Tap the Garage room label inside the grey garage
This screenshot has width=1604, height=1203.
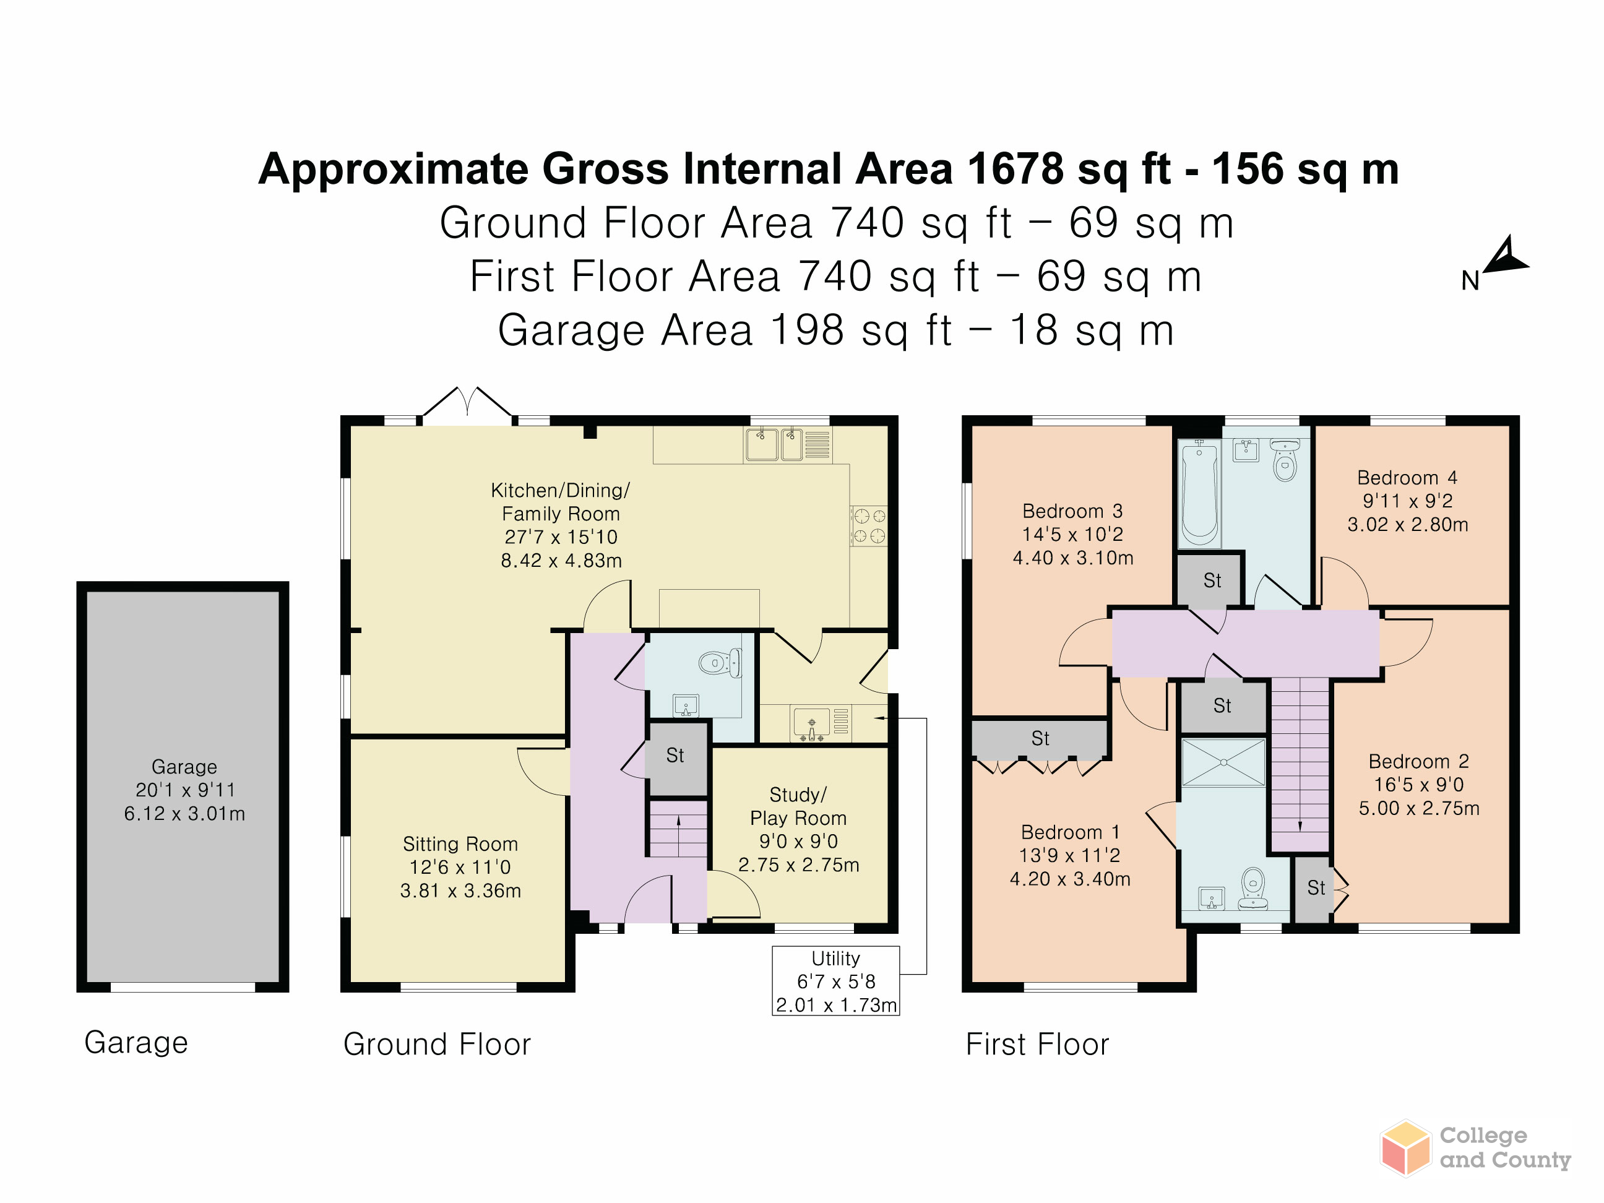(184, 767)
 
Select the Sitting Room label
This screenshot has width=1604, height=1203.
(460, 843)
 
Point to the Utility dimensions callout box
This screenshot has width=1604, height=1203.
(835, 980)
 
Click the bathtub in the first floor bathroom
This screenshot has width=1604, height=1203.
(1199, 494)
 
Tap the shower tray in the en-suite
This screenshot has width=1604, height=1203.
(1223, 762)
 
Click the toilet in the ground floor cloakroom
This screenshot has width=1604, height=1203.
(720, 663)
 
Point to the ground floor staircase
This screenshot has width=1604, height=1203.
(678, 828)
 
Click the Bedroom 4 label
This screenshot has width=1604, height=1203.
(1407, 478)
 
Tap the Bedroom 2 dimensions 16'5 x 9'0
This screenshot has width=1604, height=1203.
(1418, 785)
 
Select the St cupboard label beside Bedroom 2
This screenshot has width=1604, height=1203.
(1316, 887)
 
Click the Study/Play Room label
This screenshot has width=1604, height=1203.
(798, 806)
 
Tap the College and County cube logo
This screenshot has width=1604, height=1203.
(1405, 1148)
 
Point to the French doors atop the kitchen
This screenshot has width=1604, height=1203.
(468, 403)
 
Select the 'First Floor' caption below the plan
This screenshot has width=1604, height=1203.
(1037, 1044)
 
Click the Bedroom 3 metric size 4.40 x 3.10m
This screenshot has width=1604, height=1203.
(1072, 558)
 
